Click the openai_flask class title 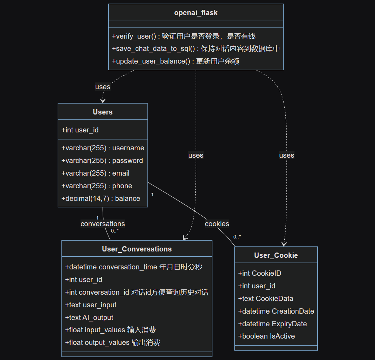point(196,13)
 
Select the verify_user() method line point(183,36)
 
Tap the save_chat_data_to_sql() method point(196,49)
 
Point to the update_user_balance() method point(175,61)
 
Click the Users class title point(103,112)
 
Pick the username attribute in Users point(103,148)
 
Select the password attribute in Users point(102,161)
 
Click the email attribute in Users point(95,173)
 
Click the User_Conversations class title point(137,249)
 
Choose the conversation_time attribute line point(134,267)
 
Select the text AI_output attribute point(89,318)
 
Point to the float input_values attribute point(110,330)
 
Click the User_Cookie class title point(276,255)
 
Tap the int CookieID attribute point(260,273)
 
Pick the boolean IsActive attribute point(266,336)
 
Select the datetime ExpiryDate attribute point(272,324)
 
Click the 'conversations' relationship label point(103,224)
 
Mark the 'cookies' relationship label point(217,224)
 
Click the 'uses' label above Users point(103,87)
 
